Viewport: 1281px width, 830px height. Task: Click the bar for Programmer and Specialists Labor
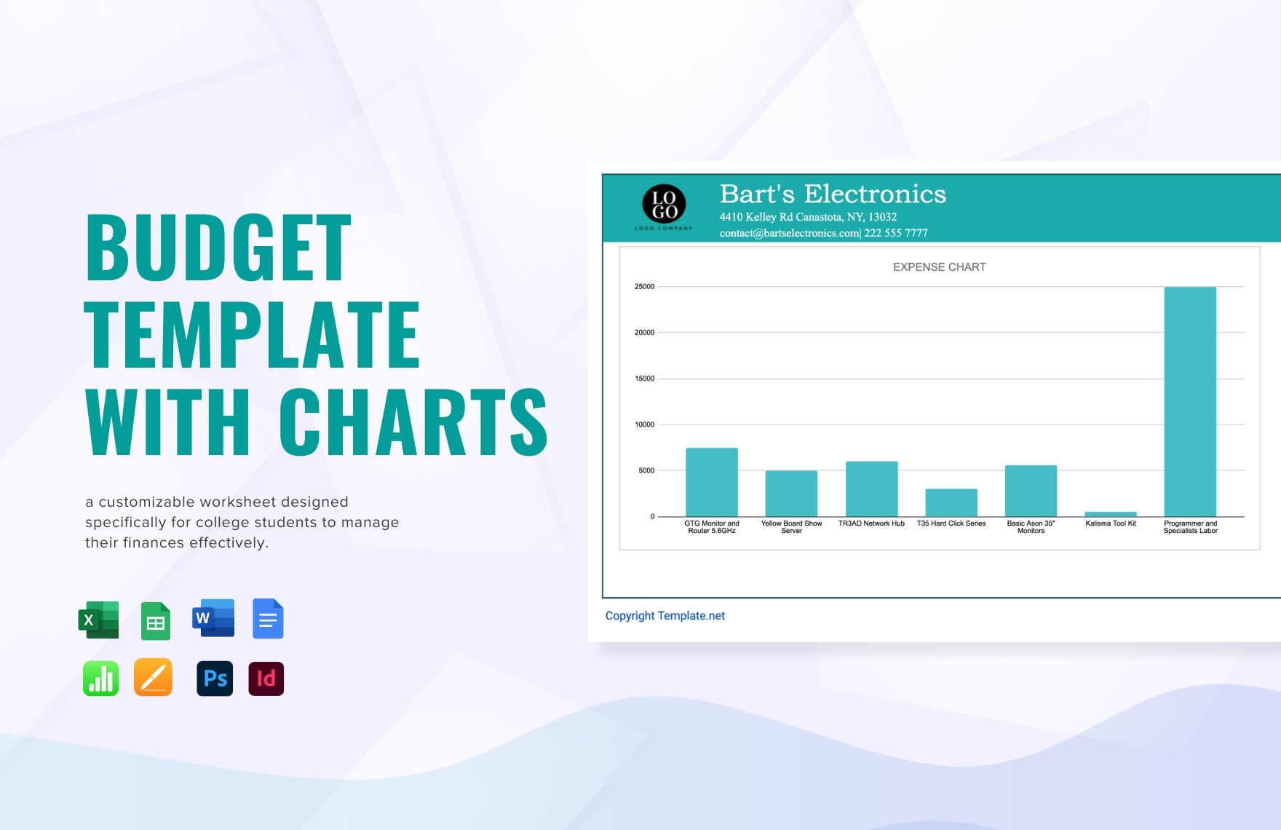click(1190, 401)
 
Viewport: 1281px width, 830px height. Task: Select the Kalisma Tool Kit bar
click(1111, 514)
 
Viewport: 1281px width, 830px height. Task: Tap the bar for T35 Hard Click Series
click(951, 502)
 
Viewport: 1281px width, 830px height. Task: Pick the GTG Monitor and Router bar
click(712, 482)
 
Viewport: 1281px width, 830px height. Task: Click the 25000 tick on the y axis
click(644, 287)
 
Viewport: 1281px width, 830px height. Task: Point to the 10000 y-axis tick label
click(644, 424)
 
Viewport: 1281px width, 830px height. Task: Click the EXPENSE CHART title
click(939, 267)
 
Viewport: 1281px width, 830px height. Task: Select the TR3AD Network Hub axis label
click(871, 523)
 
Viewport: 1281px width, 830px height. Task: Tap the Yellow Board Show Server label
click(791, 527)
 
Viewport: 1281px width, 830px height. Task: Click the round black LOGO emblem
click(664, 204)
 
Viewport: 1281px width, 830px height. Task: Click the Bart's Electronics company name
click(833, 194)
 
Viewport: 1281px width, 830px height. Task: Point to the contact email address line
click(823, 233)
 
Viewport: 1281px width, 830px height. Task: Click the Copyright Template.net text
click(665, 616)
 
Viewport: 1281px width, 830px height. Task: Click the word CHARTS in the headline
click(413, 422)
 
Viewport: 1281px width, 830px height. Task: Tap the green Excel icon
click(98, 620)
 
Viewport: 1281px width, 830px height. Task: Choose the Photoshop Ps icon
click(215, 679)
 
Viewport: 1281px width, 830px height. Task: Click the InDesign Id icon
click(266, 679)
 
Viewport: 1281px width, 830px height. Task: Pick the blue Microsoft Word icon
click(213, 618)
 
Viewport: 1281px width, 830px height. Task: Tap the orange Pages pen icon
click(153, 677)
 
